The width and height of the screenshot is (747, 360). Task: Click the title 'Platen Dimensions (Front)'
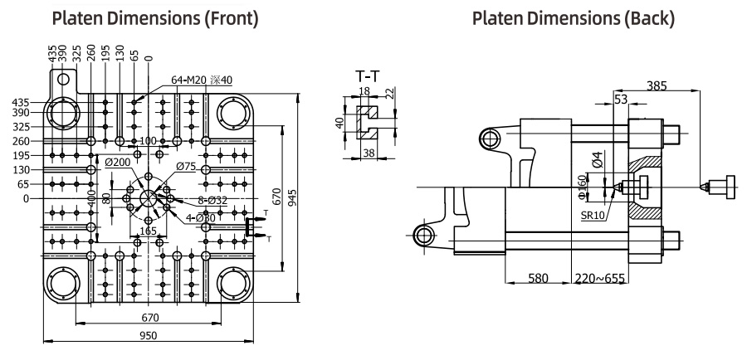click(155, 18)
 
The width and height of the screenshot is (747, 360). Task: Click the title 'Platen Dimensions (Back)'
click(574, 18)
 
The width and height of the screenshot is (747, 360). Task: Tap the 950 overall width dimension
click(149, 335)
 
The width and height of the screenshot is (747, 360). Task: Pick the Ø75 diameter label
click(186, 166)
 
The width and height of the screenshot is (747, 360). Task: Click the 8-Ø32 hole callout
click(212, 201)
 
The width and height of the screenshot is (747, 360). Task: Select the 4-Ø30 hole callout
click(201, 218)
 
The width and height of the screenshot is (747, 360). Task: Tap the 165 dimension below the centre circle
click(149, 231)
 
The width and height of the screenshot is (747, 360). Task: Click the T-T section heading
click(368, 76)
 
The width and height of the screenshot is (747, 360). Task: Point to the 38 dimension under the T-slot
click(369, 153)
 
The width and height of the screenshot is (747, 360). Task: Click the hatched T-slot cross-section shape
click(368, 123)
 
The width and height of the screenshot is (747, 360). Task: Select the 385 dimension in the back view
click(657, 85)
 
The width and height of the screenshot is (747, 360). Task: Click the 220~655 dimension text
click(600, 278)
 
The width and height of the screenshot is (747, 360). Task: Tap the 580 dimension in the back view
click(539, 278)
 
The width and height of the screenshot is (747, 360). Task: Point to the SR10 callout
click(593, 215)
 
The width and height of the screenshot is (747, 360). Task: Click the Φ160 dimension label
click(581, 187)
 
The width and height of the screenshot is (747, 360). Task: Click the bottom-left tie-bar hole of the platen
click(62, 285)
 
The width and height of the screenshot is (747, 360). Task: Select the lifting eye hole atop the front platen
click(62, 78)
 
